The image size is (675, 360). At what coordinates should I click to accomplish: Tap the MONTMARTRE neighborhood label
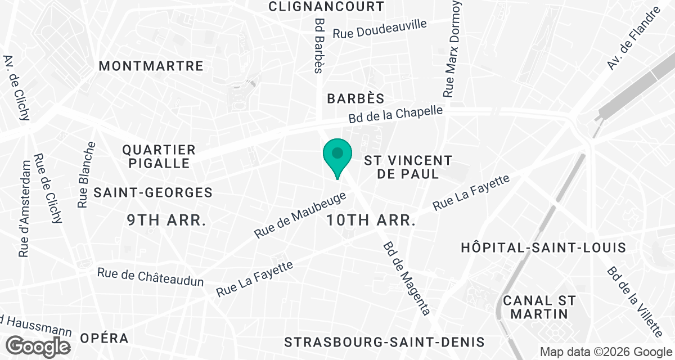click(x=151, y=66)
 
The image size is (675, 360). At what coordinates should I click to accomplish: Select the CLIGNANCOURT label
click(x=326, y=7)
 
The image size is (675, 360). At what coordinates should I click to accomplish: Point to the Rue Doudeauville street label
click(x=380, y=29)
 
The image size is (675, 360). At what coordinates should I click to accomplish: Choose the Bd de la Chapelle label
click(x=396, y=115)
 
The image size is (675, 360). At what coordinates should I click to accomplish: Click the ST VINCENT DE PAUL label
click(x=408, y=167)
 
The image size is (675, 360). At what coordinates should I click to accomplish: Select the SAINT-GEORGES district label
click(x=153, y=192)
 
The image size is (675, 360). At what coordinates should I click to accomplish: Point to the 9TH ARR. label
click(x=166, y=220)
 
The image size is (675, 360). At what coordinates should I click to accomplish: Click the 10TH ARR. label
click(x=371, y=220)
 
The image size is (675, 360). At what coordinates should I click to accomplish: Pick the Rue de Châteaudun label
click(x=150, y=277)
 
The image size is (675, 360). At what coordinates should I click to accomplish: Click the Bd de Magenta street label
click(x=407, y=278)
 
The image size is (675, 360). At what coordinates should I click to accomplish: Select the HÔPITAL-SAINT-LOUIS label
click(x=543, y=247)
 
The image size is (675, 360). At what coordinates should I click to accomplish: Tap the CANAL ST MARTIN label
click(x=540, y=307)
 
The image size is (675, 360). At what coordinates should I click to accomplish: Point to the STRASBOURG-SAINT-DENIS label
click(x=384, y=342)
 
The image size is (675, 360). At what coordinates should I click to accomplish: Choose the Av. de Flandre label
click(x=633, y=39)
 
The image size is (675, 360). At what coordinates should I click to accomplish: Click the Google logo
click(x=40, y=346)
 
